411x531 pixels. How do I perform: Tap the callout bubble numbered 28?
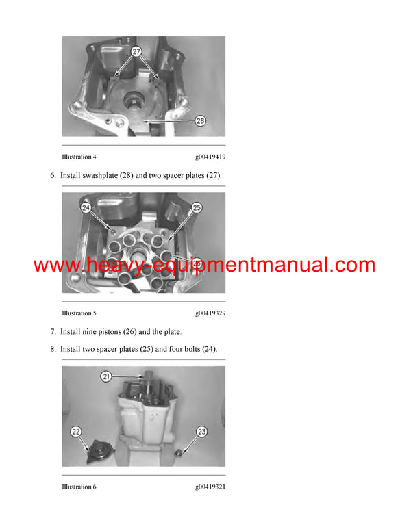click(x=200, y=121)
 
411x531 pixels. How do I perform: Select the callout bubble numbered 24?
click(x=86, y=207)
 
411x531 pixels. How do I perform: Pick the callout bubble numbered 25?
click(x=197, y=207)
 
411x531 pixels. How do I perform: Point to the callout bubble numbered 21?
click(x=106, y=376)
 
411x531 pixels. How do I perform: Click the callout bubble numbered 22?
click(x=77, y=431)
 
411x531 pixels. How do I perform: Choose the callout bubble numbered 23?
click(x=201, y=431)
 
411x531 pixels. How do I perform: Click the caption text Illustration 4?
click(x=79, y=157)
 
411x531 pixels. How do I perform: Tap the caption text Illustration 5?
click(x=79, y=313)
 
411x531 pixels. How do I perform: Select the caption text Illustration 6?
click(x=79, y=487)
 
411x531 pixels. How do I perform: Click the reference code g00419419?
click(x=210, y=157)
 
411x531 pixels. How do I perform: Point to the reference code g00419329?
click(x=210, y=313)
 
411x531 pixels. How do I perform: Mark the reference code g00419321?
click(x=210, y=487)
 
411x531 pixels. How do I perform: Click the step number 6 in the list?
click(x=53, y=176)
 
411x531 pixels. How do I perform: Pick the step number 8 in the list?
click(x=53, y=349)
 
